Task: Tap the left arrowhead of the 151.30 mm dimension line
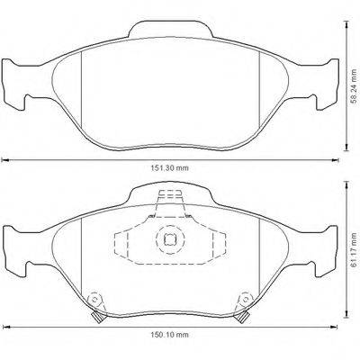tap(4, 160)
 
